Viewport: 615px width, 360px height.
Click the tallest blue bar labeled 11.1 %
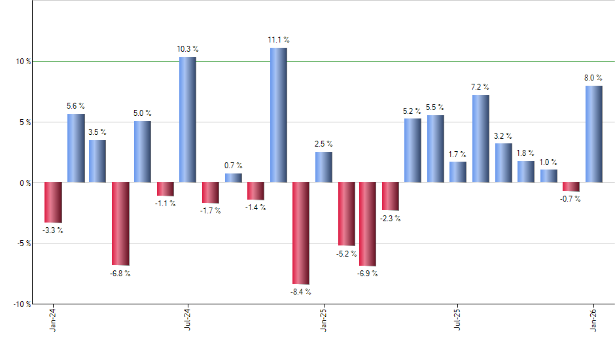[x=278, y=115]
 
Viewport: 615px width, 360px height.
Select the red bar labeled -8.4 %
[x=301, y=233]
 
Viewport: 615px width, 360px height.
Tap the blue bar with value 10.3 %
[x=188, y=119]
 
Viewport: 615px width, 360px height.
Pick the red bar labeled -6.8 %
[x=120, y=223]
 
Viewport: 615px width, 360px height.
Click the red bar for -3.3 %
[x=53, y=202]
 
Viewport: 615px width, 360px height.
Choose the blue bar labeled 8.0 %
[x=593, y=134]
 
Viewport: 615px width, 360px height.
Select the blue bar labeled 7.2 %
[x=480, y=138]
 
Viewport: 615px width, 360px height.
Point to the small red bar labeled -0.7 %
[x=571, y=187]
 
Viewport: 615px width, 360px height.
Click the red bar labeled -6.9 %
[x=368, y=224]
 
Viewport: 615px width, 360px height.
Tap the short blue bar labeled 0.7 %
[x=233, y=178]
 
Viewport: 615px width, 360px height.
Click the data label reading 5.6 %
[x=75, y=106]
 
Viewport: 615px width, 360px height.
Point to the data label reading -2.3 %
[x=391, y=219]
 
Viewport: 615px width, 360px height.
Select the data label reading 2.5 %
[x=323, y=144]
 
